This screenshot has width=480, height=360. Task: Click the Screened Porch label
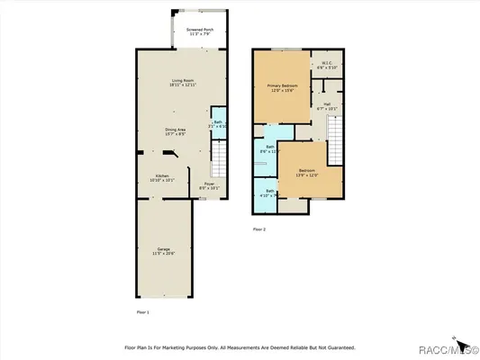click(200, 31)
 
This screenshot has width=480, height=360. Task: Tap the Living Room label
click(185, 83)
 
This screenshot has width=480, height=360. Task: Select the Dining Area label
click(177, 131)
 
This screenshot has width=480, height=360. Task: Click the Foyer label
click(208, 186)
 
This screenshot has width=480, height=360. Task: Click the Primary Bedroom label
click(281, 87)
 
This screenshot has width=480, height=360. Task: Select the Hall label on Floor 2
click(329, 106)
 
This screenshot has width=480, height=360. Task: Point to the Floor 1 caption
click(142, 311)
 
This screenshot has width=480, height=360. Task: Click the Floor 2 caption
click(259, 229)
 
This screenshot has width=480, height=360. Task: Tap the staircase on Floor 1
click(217, 162)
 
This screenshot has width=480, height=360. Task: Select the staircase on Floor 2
click(336, 140)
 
